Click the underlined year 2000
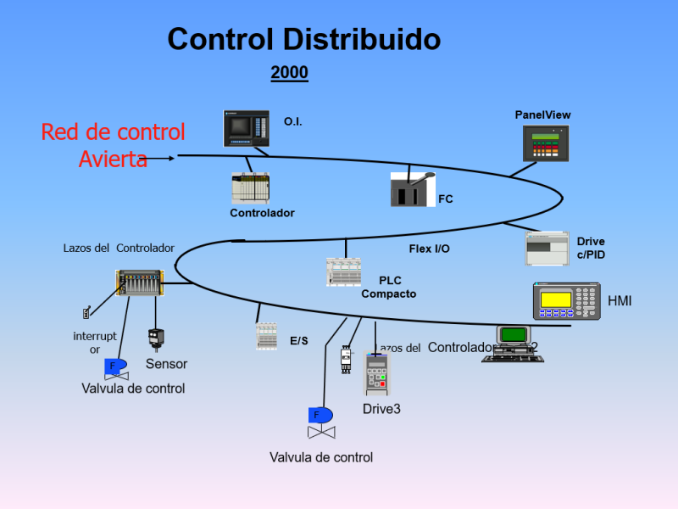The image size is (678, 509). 289,74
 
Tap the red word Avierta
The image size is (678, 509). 113,159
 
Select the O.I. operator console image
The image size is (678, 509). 247,128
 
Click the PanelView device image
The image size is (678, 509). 546,143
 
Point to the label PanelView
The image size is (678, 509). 542,115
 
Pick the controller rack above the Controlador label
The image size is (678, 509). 251,188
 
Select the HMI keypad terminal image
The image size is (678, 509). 566,301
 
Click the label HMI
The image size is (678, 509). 620,301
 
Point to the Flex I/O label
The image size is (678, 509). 430,249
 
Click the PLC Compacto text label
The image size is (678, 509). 389,288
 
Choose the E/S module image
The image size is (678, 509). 266,336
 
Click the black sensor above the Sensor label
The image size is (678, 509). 156,338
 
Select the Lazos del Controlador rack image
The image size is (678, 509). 139,282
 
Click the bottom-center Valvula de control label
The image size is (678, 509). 321,457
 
